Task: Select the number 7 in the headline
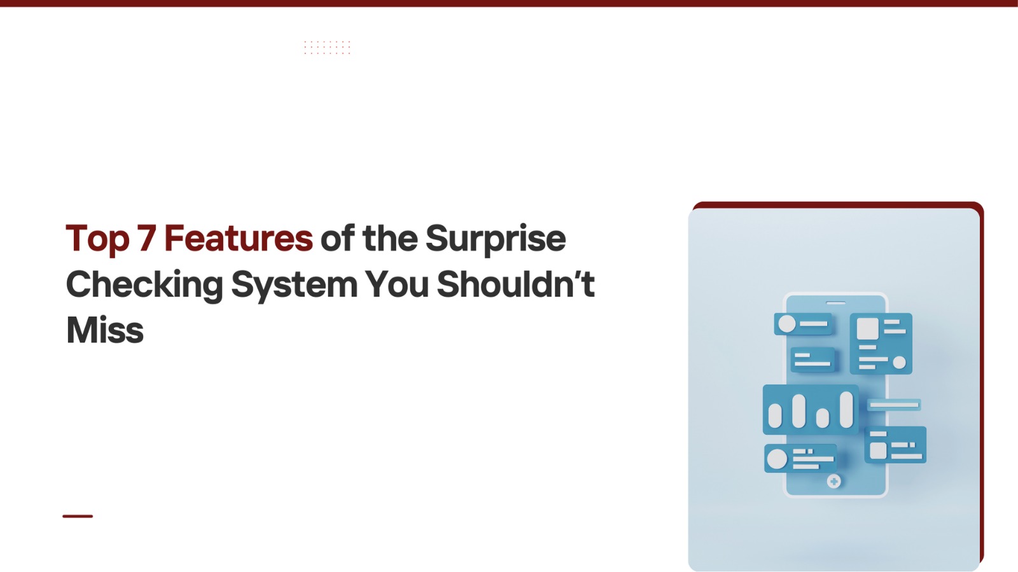147,237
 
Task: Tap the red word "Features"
238,237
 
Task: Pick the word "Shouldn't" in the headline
516,284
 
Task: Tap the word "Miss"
105,330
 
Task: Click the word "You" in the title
397,284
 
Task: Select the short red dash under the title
78,516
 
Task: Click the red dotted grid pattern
327,47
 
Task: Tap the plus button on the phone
833,481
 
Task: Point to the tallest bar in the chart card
846,410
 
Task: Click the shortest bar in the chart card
823,418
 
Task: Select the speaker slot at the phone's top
836,303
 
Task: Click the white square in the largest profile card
868,329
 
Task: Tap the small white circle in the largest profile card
900,363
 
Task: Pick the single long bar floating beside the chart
894,405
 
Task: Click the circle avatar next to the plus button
777,459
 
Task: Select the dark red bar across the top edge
509,3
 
